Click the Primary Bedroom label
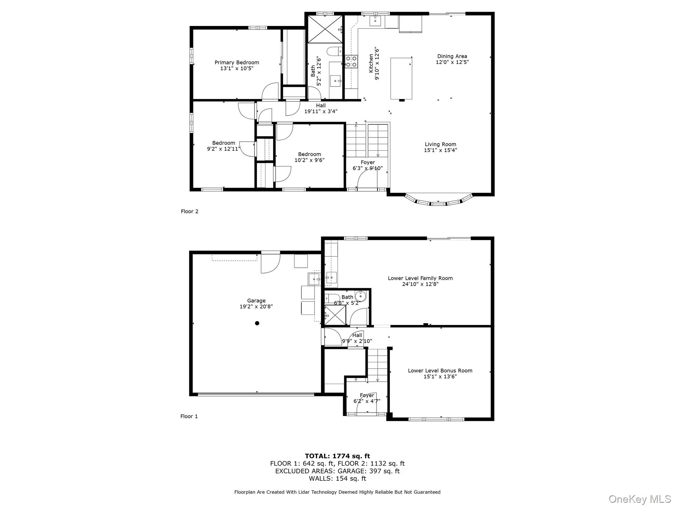[237, 63]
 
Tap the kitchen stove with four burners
[351, 61]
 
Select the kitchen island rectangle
[401, 79]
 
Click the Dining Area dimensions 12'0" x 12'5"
[452, 62]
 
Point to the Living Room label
[440, 144]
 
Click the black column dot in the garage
[257, 323]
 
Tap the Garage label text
[256, 301]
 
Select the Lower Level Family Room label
[420, 278]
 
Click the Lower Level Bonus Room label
[440, 370]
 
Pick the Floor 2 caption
[189, 211]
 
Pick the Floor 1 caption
[189, 416]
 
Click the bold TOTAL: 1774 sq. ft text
[337, 456]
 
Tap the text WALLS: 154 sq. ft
[337, 479]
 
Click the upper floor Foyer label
[368, 162]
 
